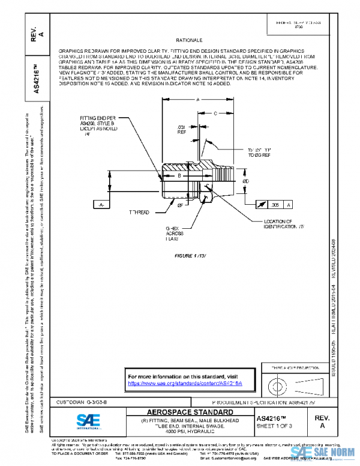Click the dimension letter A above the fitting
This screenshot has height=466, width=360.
pos(197,100)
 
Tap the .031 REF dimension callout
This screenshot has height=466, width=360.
pos(181,130)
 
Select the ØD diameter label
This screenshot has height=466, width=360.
pos(246,181)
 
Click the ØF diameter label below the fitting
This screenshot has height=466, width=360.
pos(180,205)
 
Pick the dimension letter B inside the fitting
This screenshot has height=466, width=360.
pos(179,176)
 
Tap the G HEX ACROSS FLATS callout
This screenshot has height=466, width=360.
pos(173,234)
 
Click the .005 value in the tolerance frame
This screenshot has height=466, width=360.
pos(275,205)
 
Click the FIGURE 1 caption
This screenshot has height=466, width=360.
pos(190,256)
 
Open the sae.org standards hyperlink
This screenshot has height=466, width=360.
pos(185,383)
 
